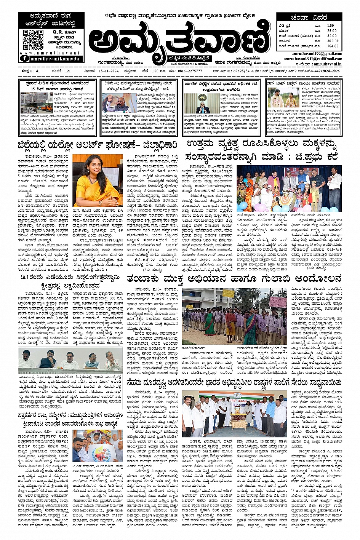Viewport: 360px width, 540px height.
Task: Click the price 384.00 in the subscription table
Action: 332,46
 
